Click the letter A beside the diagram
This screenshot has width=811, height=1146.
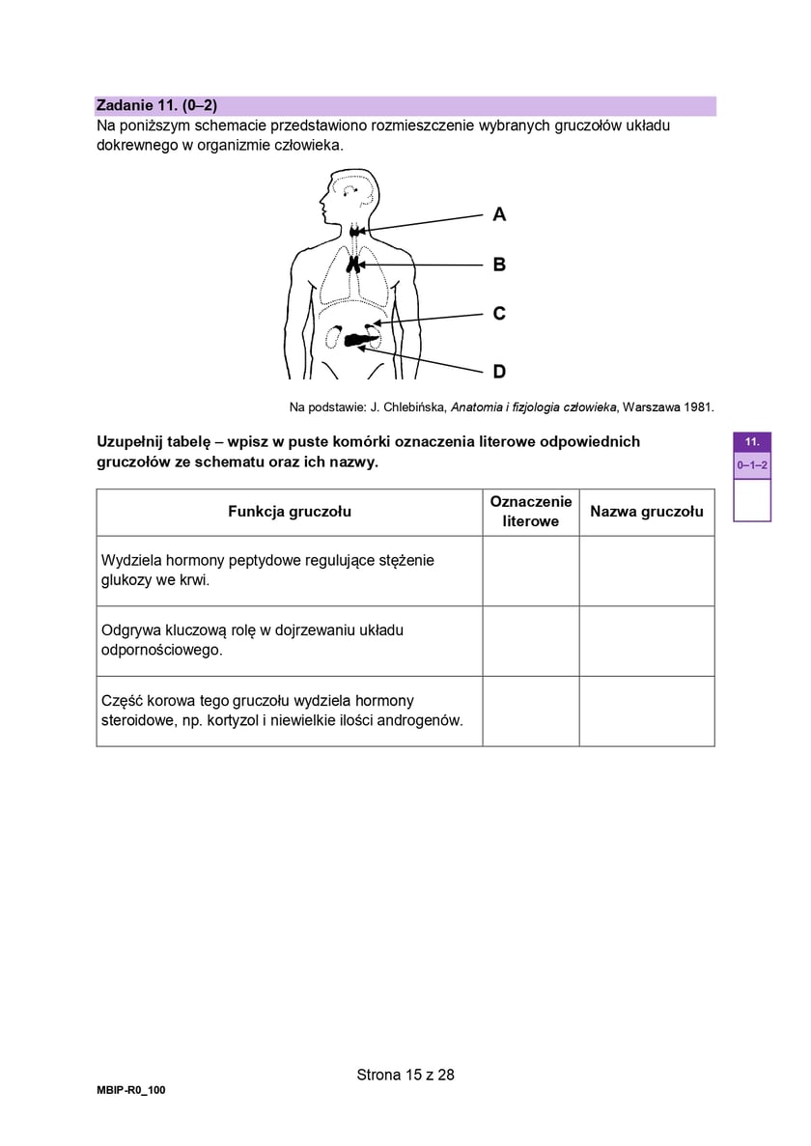(x=499, y=214)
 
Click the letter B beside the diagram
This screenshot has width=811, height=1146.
(x=499, y=264)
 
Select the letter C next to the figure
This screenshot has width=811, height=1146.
(x=499, y=314)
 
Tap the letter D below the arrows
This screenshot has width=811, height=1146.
(x=499, y=372)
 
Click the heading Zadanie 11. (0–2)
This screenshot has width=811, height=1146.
(x=156, y=105)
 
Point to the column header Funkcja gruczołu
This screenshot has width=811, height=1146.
(x=290, y=512)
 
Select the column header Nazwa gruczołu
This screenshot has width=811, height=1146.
(x=647, y=512)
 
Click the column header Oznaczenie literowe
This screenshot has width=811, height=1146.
(x=531, y=512)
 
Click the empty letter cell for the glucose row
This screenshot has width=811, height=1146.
(x=531, y=571)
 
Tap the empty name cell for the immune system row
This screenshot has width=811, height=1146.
(x=647, y=641)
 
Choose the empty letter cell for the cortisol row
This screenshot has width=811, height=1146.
(x=531, y=711)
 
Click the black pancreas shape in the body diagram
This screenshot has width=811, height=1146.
(x=360, y=339)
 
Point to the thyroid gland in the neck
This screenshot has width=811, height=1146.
(x=358, y=231)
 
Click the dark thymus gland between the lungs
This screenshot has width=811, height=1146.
(x=355, y=263)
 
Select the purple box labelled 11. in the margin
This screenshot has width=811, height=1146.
(x=752, y=441)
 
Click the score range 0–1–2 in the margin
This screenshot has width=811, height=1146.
(x=752, y=465)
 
